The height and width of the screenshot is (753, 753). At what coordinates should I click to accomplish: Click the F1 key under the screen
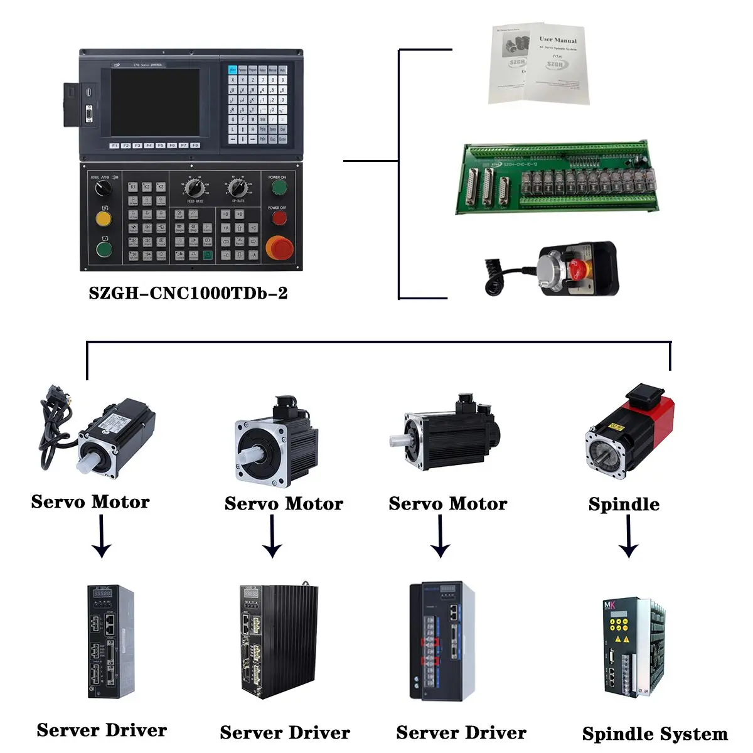click(114, 146)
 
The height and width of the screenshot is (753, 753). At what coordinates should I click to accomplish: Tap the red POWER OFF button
click(279, 218)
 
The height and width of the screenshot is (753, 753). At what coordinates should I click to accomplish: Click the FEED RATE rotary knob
click(193, 187)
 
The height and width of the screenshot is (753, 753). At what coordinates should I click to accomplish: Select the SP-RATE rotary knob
click(237, 187)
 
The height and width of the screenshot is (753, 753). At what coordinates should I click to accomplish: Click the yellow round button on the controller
click(104, 218)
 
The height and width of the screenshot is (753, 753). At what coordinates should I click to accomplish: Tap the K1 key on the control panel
click(133, 187)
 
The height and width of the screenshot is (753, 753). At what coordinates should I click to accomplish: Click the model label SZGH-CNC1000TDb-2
click(188, 294)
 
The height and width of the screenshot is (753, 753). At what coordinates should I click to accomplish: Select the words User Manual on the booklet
click(557, 40)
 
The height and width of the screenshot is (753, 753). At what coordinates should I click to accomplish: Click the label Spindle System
click(654, 734)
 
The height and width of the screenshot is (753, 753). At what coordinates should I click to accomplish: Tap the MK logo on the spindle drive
click(611, 605)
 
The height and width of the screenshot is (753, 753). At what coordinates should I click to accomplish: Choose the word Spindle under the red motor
click(624, 504)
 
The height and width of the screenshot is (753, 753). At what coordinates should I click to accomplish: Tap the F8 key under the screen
click(195, 146)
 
